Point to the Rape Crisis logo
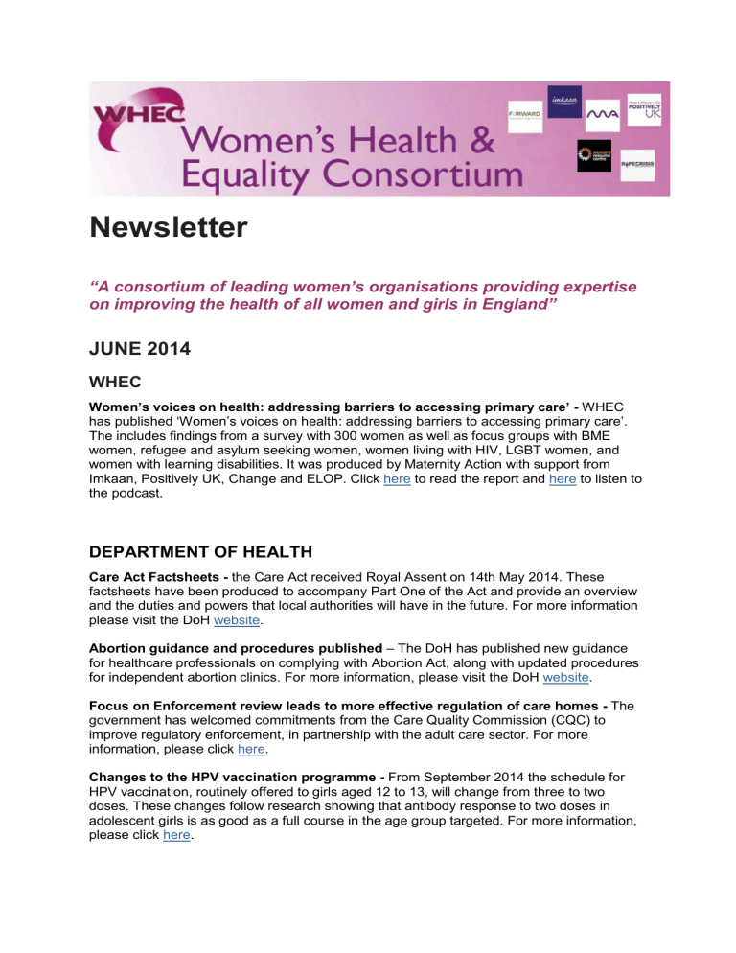click(x=636, y=164)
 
